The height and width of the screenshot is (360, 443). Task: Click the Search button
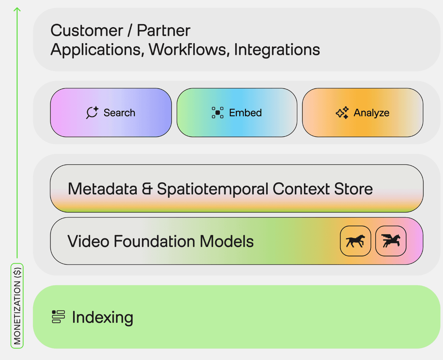[x=111, y=113]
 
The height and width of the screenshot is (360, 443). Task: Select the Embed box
[x=237, y=113]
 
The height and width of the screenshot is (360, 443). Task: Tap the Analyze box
[x=363, y=113]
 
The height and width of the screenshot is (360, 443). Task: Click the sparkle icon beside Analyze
[x=342, y=113]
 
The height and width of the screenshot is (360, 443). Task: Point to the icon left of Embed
[x=217, y=113]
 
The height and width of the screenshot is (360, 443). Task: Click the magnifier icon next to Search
[x=92, y=113]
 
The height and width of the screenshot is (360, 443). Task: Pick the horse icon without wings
[x=355, y=241]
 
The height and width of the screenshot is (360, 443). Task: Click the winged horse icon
[x=391, y=241]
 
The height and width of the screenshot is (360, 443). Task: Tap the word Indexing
[x=103, y=317]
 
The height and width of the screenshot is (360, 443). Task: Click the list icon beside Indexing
[x=58, y=317]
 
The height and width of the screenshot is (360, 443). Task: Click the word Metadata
[x=103, y=189]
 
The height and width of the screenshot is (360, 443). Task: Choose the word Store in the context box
[x=353, y=189]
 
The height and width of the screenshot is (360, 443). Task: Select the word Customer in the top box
[x=87, y=31]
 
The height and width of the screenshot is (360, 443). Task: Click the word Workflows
[x=189, y=50]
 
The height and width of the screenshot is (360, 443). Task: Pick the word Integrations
[x=277, y=50]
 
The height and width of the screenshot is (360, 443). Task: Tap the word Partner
[x=164, y=31]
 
